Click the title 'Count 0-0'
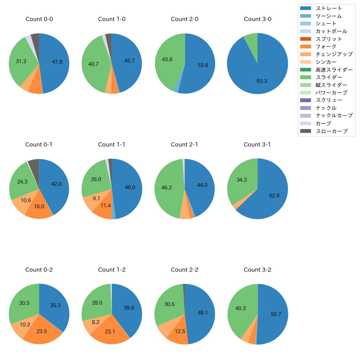pos(39,19)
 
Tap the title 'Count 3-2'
pos(257,270)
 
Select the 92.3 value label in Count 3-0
pos(262,81)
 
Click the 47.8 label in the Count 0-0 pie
pos(57,62)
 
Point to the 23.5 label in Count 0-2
pos(42,331)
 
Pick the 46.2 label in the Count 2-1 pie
pos(166,187)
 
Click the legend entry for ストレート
pos(329,8)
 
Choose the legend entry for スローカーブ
pos(331,131)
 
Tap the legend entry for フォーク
pos(326,47)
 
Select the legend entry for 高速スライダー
pos(334,70)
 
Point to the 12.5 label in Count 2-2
pos(180,331)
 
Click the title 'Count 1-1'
pos(112,145)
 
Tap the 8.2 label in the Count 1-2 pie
pos(96,322)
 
